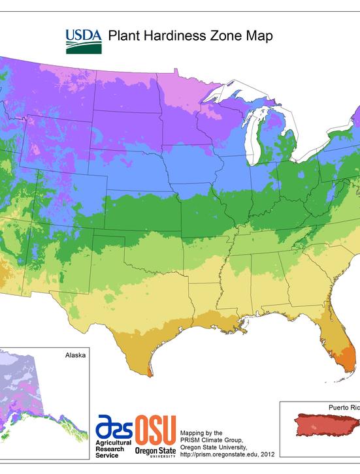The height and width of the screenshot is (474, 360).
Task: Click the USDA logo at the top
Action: (x=83, y=40)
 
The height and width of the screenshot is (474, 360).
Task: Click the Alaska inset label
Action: (x=75, y=356)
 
